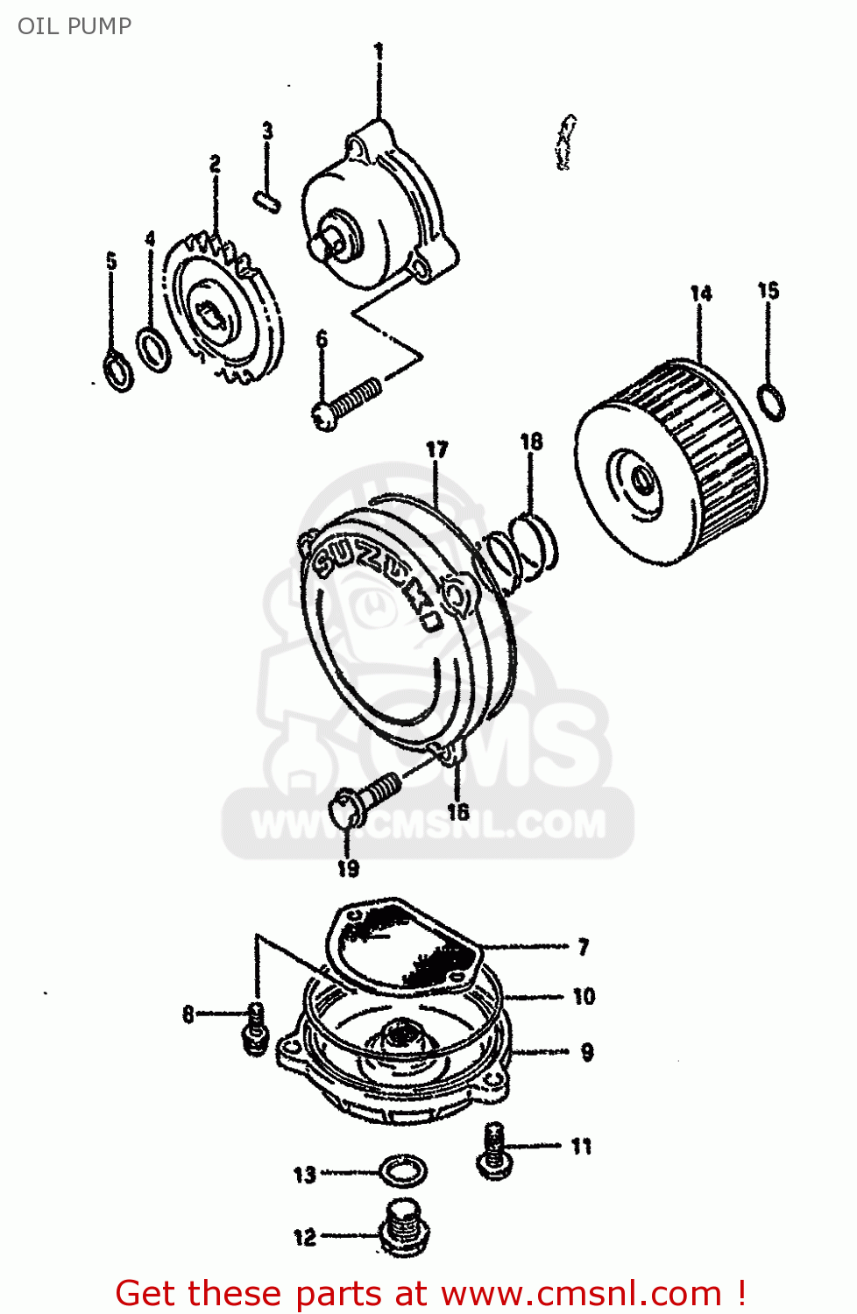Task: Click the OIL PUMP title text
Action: (74, 26)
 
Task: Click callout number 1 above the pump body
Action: (379, 53)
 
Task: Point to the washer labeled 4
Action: (154, 350)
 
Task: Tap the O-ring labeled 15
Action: (771, 401)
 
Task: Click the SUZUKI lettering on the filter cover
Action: (377, 579)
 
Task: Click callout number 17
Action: (436, 450)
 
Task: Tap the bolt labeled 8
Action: (254, 1029)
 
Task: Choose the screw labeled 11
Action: (494, 1148)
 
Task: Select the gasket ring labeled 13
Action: (403, 1170)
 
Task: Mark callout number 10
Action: (584, 997)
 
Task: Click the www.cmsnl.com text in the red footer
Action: (580, 1293)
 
